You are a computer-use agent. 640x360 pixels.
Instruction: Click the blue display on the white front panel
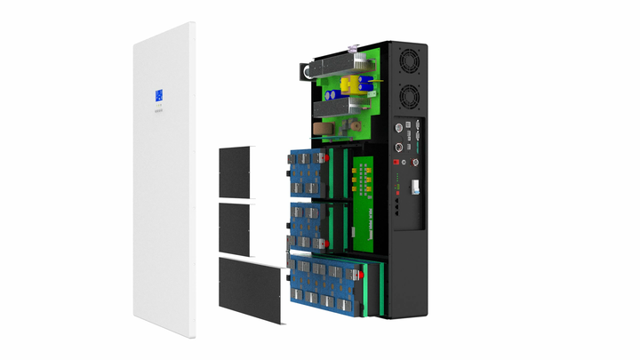159,96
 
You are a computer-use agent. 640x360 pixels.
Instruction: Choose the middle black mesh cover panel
236,226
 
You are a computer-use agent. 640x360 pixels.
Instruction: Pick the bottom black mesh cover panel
253,289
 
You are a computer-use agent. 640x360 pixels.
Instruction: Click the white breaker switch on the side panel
413,188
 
